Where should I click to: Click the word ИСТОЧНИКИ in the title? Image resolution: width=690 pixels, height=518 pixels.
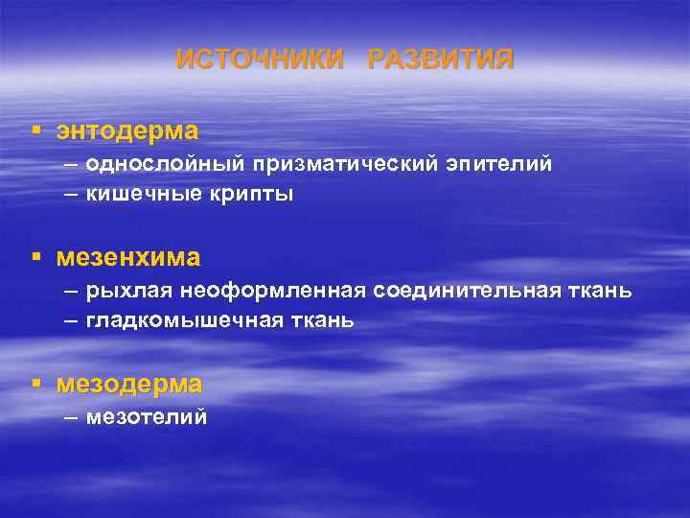pos(260,59)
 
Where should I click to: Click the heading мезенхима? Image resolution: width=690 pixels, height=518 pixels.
pos(128,257)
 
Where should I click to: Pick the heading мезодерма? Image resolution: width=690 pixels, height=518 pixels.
pos(129,385)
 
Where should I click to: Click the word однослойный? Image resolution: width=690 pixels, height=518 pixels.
pos(165,164)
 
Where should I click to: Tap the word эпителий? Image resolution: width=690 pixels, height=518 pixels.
pos(497,164)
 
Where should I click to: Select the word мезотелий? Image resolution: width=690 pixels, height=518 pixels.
pos(147,417)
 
